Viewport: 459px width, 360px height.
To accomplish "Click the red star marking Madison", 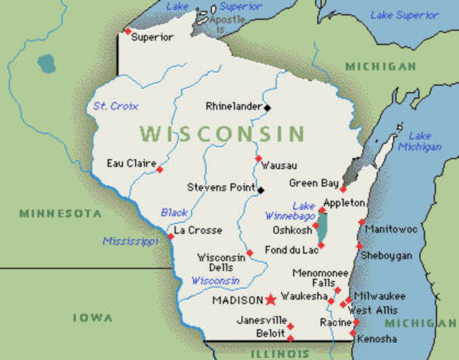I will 270,299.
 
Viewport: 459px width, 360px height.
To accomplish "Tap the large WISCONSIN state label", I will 223,134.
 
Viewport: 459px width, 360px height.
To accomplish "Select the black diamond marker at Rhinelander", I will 267,107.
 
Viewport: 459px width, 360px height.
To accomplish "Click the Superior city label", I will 152,37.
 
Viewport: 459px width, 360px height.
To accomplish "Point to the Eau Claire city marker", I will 159,169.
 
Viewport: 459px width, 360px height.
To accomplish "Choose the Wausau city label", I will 279,165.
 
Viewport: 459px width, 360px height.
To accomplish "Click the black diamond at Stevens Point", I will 260,190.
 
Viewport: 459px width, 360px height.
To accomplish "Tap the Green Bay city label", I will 314,183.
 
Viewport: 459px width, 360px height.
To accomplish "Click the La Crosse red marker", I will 171,236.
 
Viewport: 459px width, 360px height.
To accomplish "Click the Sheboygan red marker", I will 359,246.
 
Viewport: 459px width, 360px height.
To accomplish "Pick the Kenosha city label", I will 377,339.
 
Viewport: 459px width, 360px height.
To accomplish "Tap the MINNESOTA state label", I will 60,214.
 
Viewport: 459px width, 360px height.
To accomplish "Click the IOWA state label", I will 93,318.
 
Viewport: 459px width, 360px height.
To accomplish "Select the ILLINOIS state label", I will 280,352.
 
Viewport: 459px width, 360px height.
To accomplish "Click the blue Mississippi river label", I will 130,241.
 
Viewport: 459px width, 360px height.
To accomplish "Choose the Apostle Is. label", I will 227,23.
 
